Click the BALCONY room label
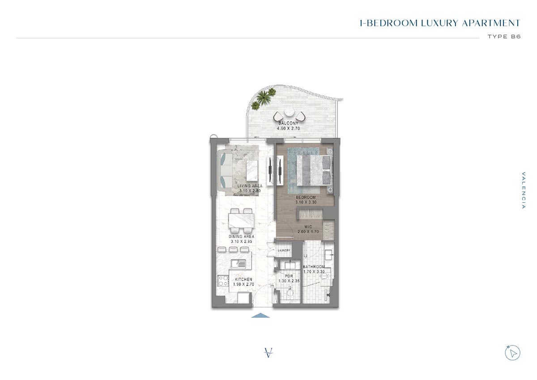[x=288, y=123]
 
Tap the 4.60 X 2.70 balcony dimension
[x=288, y=128]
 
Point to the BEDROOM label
[x=306, y=197]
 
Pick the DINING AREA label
[x=242, y=236]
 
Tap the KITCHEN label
[x=243, y=279]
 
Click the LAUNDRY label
[x=284, y=250]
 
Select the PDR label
[x=289, y=276]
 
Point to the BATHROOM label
[x=314, y=267]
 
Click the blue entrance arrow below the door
[x=260, y=316]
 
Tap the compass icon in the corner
[x=513, y=353]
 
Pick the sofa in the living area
[x=224, y=169]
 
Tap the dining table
[x=242, y=221]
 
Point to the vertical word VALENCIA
[x=524, y=190]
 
